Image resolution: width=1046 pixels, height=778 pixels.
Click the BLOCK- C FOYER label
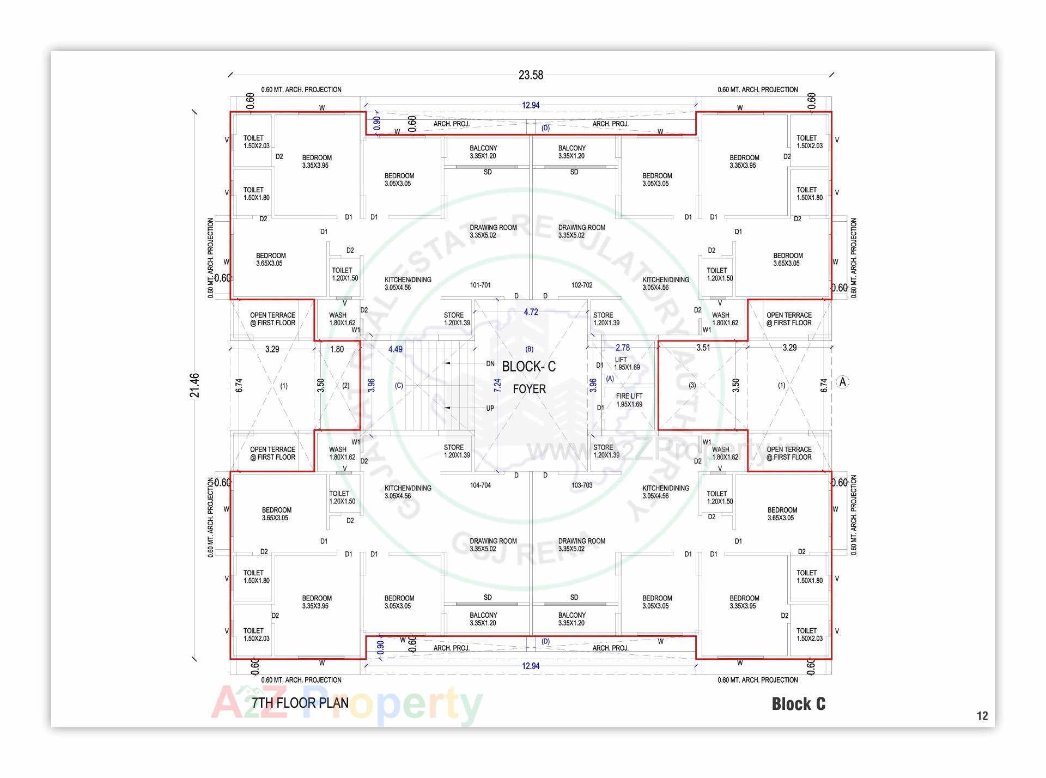(x=528, y=377)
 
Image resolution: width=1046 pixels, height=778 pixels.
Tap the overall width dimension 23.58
(x=531, y=75)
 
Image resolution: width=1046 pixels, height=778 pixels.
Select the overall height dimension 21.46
(x=195, y=385)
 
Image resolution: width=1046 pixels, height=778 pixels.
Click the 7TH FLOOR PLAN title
(x=300, y=703)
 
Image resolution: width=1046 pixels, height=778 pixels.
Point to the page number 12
(x=982, y=716)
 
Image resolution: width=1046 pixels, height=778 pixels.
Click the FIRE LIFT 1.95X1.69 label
(x=629, y=400)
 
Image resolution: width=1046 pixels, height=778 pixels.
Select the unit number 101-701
(x=480, y=285)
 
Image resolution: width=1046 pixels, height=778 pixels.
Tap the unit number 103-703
(x=582, y=485)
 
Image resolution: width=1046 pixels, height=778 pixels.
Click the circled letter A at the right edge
(x=843, y=382)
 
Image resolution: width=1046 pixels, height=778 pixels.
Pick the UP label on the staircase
(x=490, y=408)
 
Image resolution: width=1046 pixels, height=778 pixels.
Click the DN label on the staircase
(x=490, y=363)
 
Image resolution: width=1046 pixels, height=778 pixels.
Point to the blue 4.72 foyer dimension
(x=531, y=312)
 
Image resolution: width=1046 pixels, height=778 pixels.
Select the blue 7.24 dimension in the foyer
(x=497, y=386)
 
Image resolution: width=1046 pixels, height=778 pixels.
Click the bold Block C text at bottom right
(x=798, y=704)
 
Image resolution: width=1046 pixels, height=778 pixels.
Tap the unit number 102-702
(x=582, y=285)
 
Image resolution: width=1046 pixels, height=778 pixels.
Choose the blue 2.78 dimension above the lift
(x=622, y=348)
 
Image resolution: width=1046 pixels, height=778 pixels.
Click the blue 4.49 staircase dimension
(x=396, y=349)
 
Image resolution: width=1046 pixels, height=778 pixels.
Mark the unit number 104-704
(x=480, y=485)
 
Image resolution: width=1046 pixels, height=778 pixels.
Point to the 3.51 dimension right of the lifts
(x=703, y=348)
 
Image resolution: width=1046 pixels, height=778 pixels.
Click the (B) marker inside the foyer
(x=529, y=349)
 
